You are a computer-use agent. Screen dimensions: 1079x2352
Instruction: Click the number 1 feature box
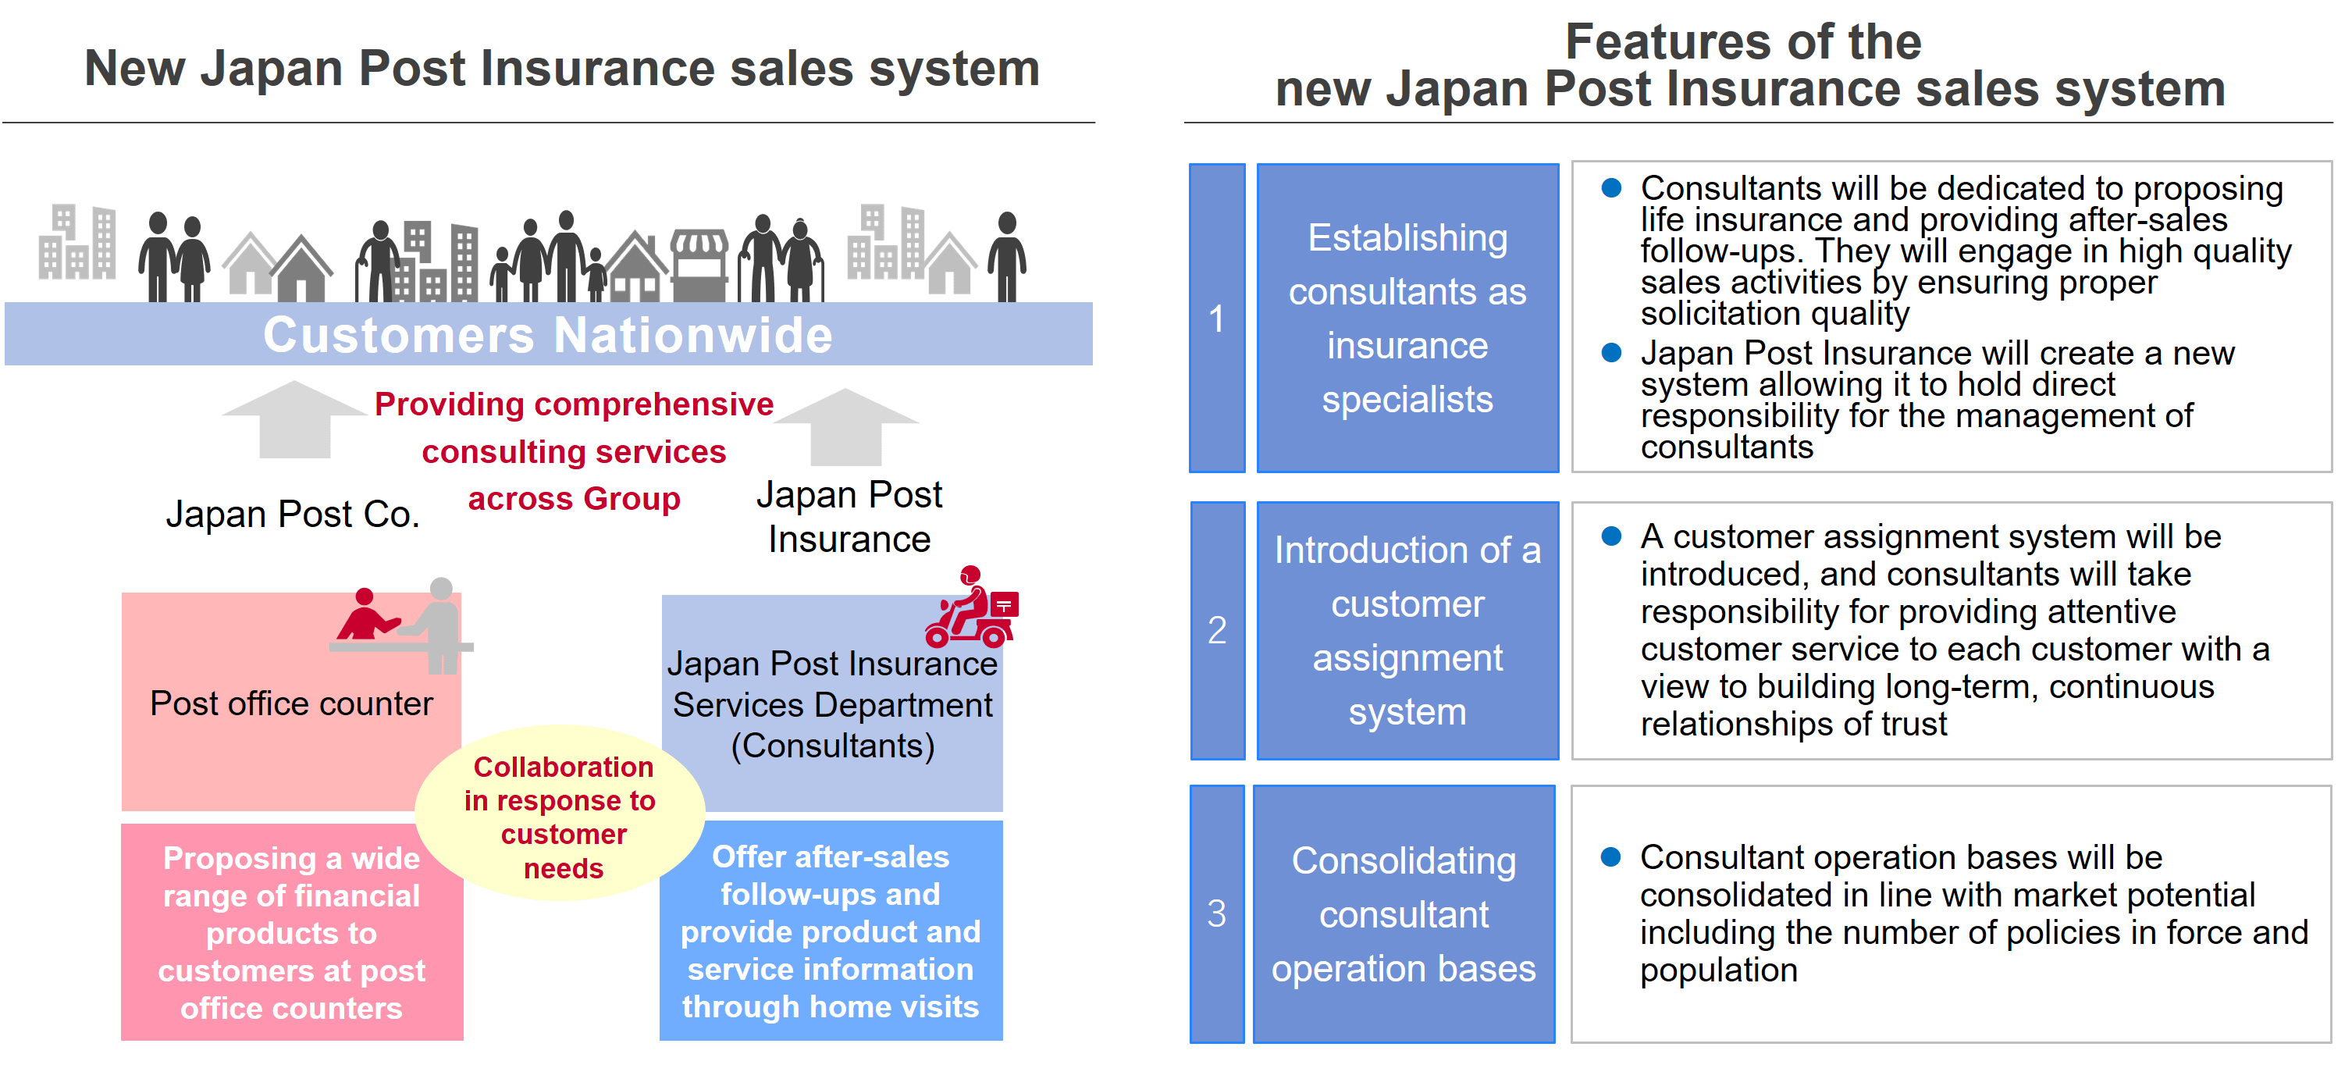click(x=1216, y=318)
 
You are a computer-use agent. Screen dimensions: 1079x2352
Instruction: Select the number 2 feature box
click(x=1216, y=630)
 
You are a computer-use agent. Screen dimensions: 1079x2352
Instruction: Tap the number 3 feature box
click(x=1216, y=913)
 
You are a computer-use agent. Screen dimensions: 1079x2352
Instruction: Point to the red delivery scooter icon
click(x=971, y=609)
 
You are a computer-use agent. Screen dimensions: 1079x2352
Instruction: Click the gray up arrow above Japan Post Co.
click(x=294, y=420)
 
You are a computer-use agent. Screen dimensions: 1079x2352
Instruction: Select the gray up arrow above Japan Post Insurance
click(x=845, y=426)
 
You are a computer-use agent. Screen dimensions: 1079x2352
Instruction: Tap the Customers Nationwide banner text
click(x=548, y=335)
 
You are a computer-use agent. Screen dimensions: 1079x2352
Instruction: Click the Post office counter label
click(x=291, y=703)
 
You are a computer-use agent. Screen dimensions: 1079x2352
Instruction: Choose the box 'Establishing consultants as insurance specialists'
click(x=1407, y=318)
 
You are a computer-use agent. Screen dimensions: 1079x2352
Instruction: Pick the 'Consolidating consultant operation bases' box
click(x=1404, y=913)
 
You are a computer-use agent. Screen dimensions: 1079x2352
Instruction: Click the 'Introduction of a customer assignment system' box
click(x=1407, y=630)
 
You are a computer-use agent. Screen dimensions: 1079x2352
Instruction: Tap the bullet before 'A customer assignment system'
click(x=1611, y=536)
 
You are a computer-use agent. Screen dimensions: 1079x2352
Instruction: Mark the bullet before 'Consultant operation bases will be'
click(x=1610, y=856)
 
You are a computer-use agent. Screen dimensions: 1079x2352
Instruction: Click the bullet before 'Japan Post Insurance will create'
click(x=1611, y=352)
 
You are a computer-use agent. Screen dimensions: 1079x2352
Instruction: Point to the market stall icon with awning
click(x=699, y=265)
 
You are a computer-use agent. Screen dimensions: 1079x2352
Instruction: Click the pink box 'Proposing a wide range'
click(x=291, y=932)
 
